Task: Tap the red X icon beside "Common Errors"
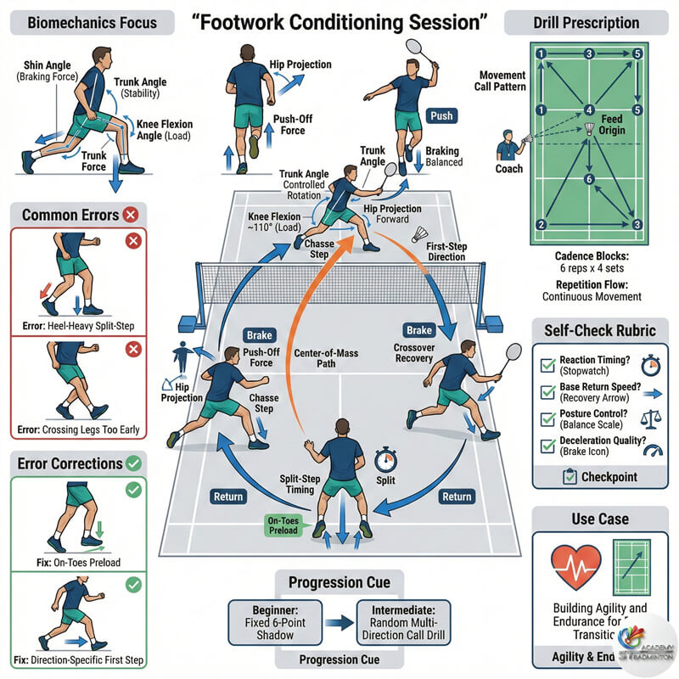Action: point(132,215)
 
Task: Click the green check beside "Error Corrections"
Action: point(133,463)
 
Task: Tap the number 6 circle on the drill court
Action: point(589,179)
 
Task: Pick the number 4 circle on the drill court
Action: point(589,109)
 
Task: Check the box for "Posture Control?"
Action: point(547,422)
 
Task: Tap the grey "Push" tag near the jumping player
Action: point(441,115)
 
